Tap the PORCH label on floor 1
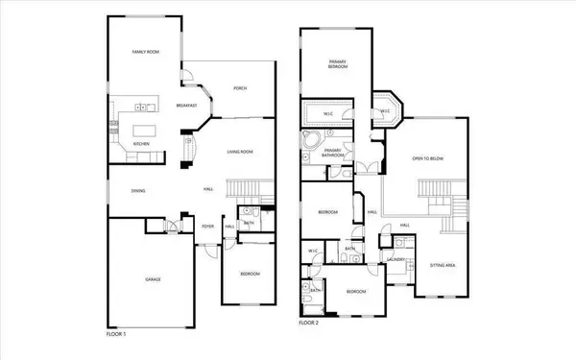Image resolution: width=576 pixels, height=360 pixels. [240, 88]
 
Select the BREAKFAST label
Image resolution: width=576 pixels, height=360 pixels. [187, 106]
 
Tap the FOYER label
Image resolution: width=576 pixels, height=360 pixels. [205, 227]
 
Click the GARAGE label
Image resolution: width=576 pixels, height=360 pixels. [152, 278]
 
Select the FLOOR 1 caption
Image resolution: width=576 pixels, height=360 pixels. [116, 333]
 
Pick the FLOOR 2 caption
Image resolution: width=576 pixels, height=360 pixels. [309, 324]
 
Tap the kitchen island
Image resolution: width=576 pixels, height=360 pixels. [142, 128]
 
